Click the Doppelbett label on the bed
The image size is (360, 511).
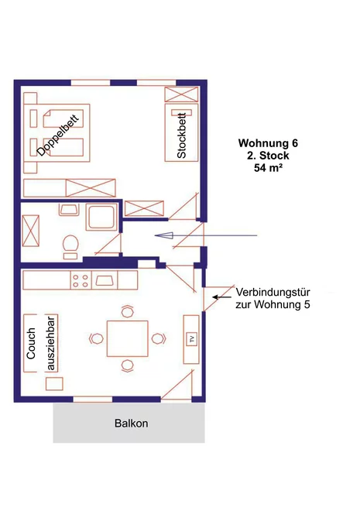(58, 135)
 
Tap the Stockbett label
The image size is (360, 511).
(181, 135)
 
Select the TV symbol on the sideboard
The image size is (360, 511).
(191, 339)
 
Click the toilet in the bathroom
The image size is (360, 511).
(70, 246)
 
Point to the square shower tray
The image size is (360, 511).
(101, 217)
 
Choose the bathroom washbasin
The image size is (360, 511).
(69, 210)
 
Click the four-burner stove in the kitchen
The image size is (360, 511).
(81, 280)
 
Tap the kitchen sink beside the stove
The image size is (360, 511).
(105, 280)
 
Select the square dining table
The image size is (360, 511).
(128, 338)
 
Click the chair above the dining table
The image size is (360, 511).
(128, 311)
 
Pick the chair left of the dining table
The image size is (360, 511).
(96, 338)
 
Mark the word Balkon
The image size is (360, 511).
(132, 424)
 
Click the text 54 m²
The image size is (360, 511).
(268, 168)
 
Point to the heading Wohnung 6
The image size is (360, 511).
(268, 143)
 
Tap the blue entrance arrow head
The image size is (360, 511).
(164, 235)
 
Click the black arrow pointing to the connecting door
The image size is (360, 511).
(222, 297)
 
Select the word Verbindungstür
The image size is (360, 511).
(273, 292)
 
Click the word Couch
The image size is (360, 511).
(31, 344)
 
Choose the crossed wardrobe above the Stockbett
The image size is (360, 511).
(181, 94)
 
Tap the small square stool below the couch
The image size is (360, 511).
(54, 383)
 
